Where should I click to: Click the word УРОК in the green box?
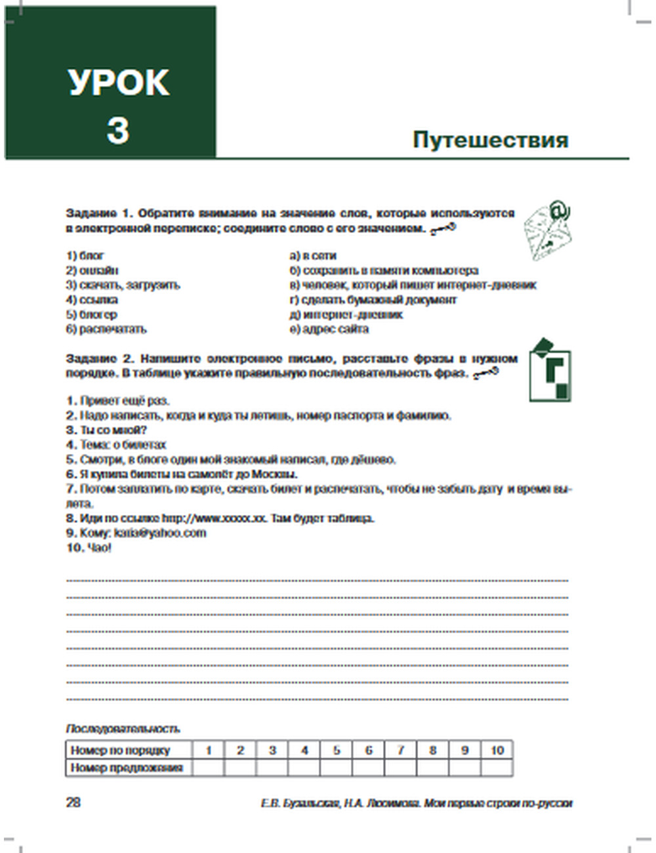pyautogui.click(x=118, y=83)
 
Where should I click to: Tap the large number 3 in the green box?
pyautogui.click(x=117, y=129)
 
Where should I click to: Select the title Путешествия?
pyautogui.click(x=490, y=140)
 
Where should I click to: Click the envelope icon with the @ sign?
pyautogui.click(x=548, y=231)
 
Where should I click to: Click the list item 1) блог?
pyautogui.click(x=85, y=256)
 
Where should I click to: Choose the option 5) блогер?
pyautogui.click(x=91, y=314)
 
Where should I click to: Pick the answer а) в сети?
pyautogui.click(x=313, y=256)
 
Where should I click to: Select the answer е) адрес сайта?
pyautogui.click(x=329, y=329)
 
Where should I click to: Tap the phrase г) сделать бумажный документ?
pyautogui.click(x=373, y=300)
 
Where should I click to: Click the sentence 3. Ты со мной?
pyautogui.click(x=106, y=430)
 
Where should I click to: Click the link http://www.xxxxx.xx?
pyautogui.click(x=214, y=518)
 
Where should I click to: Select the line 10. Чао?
pyautogui.click(x=89, y=548)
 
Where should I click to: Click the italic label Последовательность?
pyautogui.click(x=123, y=729)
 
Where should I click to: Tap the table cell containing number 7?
pyautogui.click(x=400, y=750)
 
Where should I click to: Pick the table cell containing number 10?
pyautogui.click(x=497, y=750)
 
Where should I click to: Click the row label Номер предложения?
pyautogui.click(x=127, y=768)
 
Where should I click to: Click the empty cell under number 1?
pyautogui.click(x=208, y=768)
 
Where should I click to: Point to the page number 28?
pyautogui.click(x=73, y=802)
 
